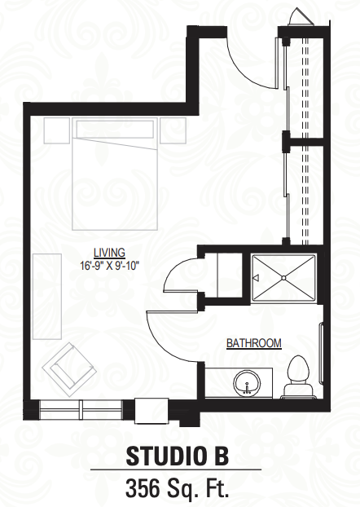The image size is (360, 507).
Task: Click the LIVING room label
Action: (x=109, y=252)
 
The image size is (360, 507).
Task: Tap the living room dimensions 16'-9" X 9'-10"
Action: (x=110, y=266)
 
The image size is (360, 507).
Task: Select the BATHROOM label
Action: (x=253, y=342)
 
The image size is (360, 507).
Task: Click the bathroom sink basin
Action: (x=248, y=383)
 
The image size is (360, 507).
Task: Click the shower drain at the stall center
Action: (x=283, y=278)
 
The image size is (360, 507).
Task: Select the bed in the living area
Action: (x=114, y=174)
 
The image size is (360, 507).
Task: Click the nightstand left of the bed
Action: (x=56, y=130)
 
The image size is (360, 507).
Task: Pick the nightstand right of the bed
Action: (x=173, y=130)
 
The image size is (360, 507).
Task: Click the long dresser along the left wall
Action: (x=47, y=296)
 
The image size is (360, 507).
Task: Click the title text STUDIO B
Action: (x=178, y=456)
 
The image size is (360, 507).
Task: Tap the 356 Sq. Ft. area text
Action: (x=178, y=488)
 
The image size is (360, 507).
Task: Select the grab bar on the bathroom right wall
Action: (x=321, y=353)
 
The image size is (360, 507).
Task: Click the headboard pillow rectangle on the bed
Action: (x=114, y=129)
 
